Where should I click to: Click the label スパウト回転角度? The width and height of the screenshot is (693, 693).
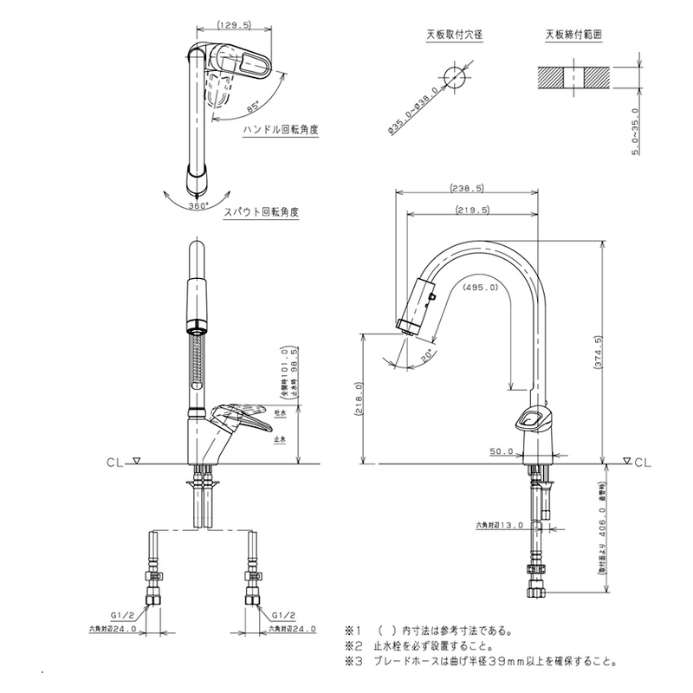click(262, 211)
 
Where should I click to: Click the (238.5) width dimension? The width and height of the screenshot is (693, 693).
click(467, 188)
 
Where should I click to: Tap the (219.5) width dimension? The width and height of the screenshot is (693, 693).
click(472, 210)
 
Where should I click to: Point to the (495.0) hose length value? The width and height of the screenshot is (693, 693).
click(480, 287)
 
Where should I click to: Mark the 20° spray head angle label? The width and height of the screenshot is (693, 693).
click(424, 355)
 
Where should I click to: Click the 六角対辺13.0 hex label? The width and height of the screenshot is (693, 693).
click(502, 525)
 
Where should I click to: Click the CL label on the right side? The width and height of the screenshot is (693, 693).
click(642, 463)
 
